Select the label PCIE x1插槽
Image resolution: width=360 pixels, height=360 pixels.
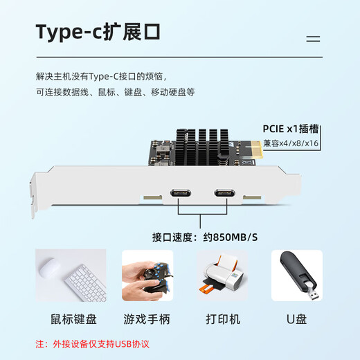point(291,129)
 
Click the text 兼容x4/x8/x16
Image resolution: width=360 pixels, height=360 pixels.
point(291,143)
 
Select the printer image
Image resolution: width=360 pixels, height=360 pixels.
point(221,276)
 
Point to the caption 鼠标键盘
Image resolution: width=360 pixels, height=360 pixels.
point(73,319)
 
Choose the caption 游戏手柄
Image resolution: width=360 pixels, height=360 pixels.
point(146,319)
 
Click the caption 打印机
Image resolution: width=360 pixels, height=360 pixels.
point(222,319)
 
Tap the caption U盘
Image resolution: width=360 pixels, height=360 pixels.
point(296,319)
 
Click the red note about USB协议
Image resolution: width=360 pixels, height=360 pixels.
point(92,343)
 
